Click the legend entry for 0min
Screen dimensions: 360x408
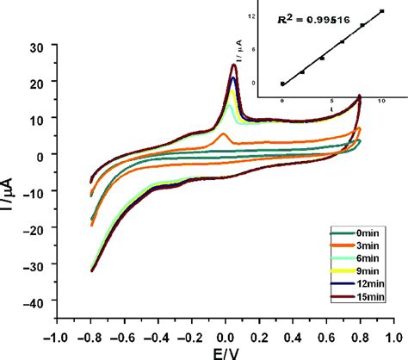coord(362,233)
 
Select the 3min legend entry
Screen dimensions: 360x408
coord(362,245)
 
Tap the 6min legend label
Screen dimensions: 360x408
coord(362,258)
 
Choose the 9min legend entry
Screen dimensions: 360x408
coord(362,271)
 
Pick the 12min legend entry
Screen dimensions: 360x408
coord(362,284)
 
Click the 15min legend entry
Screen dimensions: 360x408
coord(362,297)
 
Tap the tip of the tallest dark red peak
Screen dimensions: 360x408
coord(233,65)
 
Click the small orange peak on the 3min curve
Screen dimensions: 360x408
coord(224,135)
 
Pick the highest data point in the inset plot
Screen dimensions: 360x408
coord(381,11)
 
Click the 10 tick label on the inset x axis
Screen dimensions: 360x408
coord(381,101)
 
